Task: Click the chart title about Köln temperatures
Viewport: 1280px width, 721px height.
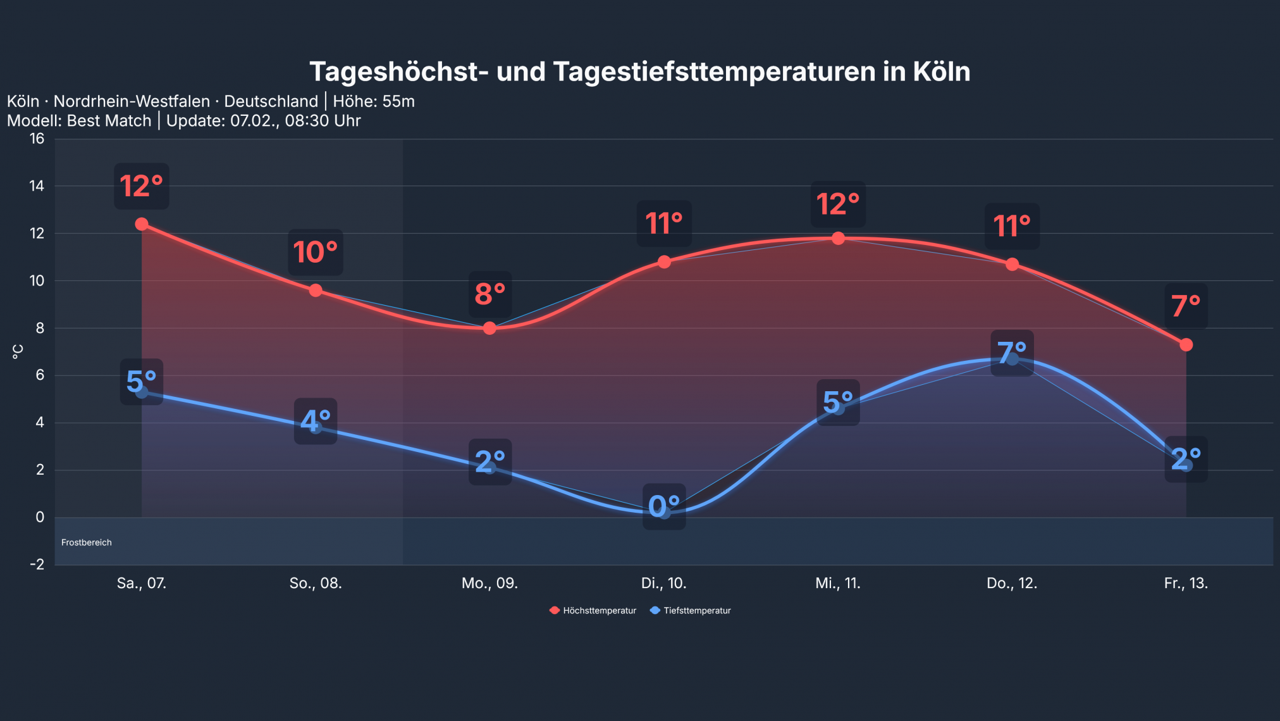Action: [639, 72]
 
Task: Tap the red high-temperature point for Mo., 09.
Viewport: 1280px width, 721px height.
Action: [489, 328]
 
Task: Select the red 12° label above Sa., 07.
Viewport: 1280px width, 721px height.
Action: [141, 186]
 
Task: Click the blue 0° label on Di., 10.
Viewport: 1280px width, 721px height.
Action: [664, 506]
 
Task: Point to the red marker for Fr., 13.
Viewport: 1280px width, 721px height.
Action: [1186, 344]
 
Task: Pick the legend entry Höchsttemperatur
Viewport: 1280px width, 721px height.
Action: [593, 610]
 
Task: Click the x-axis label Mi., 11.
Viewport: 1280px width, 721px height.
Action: [837, 583]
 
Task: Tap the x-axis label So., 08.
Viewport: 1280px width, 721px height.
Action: [316, 583]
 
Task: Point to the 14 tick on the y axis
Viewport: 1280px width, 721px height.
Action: [37, 186]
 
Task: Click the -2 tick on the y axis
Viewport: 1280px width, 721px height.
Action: [37, 564]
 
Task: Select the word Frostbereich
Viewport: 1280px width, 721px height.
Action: [87, 542]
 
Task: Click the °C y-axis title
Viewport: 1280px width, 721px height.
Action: [18, 352]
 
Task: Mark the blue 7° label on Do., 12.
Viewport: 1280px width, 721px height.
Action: [1012, 353]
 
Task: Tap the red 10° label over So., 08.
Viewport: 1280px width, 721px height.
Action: [316, 252]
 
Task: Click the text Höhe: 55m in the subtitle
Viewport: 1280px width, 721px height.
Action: [374, 101]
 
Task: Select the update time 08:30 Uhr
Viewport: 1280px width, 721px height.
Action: [323, 121]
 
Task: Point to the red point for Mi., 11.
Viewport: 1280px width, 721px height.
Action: [838, 238]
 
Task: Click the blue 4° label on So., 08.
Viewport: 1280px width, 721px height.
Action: [316, 421]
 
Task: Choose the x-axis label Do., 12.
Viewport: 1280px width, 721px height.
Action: [1012, 583]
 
